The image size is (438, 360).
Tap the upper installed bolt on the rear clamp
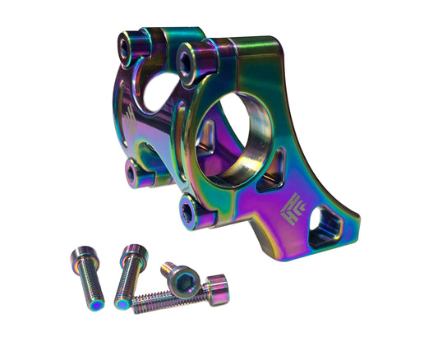129,46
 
